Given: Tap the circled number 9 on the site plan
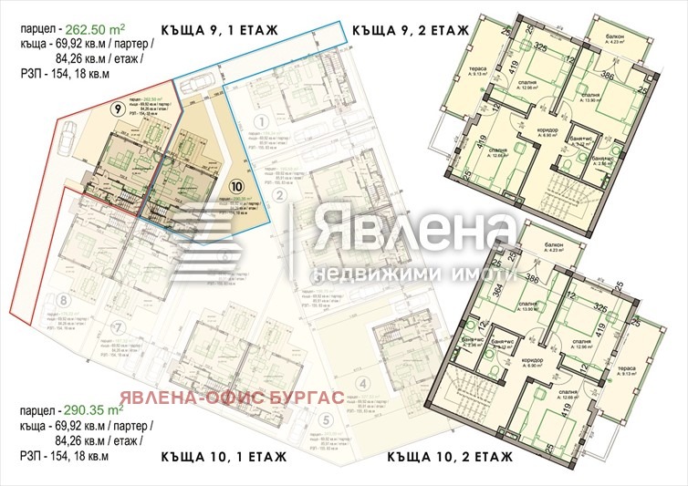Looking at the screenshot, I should [117, 109].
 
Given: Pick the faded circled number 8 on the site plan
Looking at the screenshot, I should [62, 299].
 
